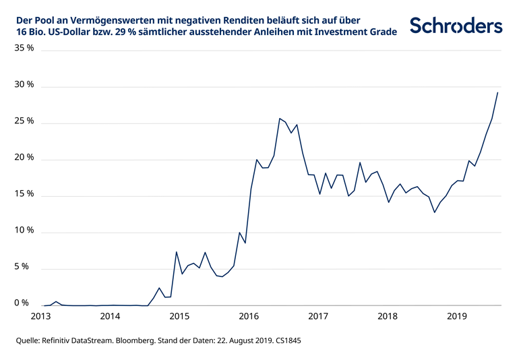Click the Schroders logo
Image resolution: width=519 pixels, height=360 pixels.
[456, 26]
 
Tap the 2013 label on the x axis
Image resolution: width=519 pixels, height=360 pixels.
[41, 316]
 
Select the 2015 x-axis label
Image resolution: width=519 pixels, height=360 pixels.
[179, 316]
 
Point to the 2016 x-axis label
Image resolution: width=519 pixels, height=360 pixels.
[249, 316]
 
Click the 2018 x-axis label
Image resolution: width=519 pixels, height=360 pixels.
[388, 316]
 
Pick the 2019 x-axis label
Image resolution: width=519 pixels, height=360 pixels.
[457, 316]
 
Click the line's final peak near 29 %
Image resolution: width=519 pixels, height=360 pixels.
[497, 92]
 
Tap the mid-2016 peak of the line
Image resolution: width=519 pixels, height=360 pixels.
[280, 119]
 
